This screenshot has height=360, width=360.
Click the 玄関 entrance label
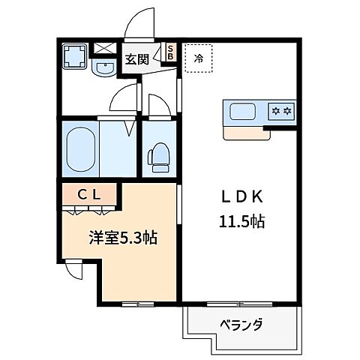coord(136,59)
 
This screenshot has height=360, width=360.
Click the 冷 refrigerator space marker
coord(199,57)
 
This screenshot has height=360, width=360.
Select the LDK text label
coord(241,197)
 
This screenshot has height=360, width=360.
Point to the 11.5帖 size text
coord(240,222)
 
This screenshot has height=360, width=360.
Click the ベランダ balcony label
coord(241,325)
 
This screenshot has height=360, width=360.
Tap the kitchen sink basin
coord(244,112)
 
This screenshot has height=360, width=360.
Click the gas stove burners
coord(280,112)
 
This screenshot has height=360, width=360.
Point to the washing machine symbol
coord(74,55)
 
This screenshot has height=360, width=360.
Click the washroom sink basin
coord(103,70)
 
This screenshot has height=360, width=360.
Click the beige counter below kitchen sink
coord(246,133)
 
